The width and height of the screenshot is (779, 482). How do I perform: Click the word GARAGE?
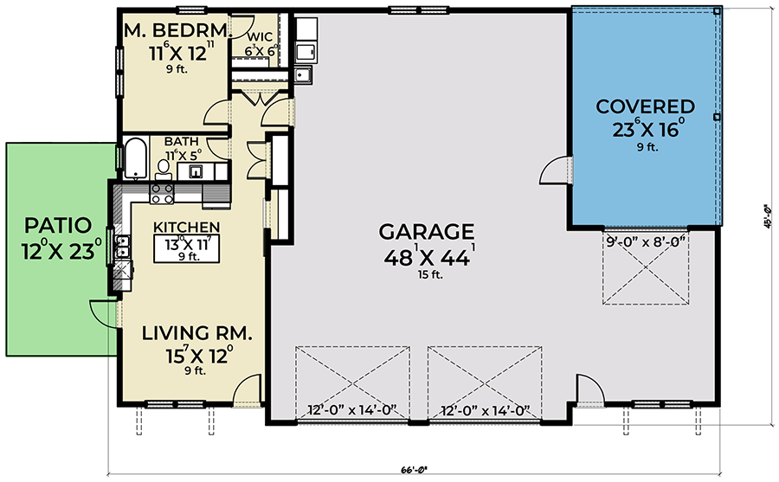[426, 232]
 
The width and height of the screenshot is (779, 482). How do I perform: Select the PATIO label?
[57, 226]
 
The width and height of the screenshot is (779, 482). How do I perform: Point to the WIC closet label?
[261, 36]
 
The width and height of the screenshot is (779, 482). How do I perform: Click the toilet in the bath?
[164, 166]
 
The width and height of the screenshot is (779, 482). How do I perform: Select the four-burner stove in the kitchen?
[162, 193]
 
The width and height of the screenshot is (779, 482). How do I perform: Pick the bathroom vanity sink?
[196, 170]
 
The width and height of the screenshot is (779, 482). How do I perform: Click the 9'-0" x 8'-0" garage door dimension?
[648, 241]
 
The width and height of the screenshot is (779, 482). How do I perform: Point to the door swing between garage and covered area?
[554, 170]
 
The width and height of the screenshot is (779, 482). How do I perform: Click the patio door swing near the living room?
[102, 312]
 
